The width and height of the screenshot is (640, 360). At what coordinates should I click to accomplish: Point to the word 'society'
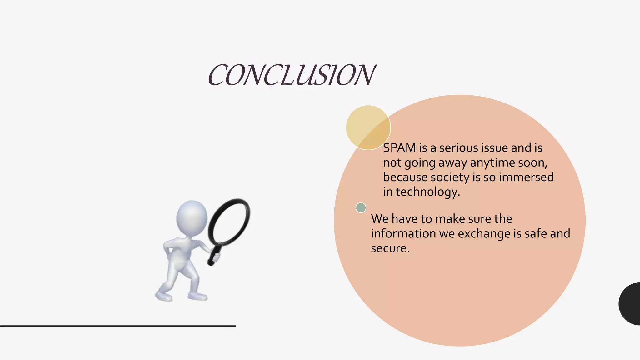point(450,177)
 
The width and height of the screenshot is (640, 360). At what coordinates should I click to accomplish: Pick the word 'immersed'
point(526,177)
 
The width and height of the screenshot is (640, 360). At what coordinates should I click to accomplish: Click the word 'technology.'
point(428,192)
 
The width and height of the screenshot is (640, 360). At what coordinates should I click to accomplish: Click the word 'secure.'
point(390,248)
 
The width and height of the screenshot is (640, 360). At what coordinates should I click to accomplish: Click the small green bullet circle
point(361,208)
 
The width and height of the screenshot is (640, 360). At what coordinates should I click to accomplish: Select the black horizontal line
point(118,326)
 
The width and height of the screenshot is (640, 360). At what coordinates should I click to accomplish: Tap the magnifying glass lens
point(229,222)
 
